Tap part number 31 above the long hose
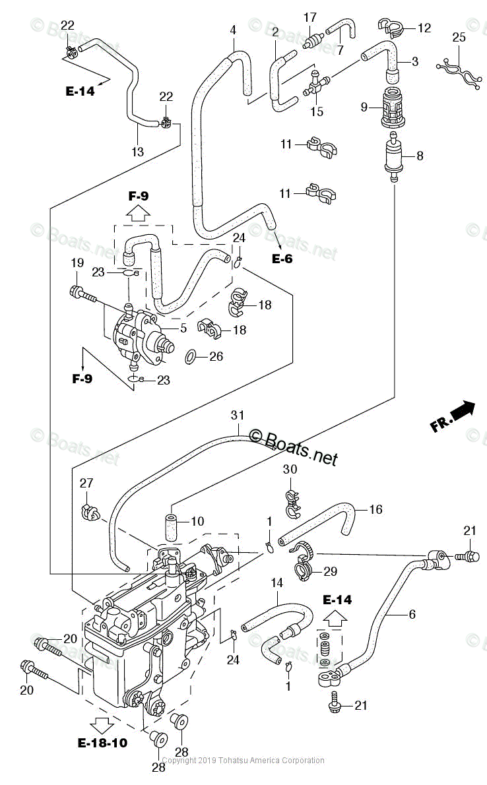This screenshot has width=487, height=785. point(238,415)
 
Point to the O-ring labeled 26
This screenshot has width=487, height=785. point(191,357)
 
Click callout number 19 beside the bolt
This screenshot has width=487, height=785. point(77,263)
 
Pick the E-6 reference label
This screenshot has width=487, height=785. point(282,259)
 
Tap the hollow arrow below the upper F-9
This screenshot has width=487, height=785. point(138,212)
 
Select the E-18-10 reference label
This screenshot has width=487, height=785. point(102,743)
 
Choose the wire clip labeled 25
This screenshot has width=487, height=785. point(458,71)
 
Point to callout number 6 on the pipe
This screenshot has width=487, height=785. point(412,614)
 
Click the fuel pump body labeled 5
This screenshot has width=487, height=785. point(142,335)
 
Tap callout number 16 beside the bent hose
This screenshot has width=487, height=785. point(375,509)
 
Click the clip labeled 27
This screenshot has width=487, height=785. point(88,509)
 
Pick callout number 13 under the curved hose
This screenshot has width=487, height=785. point(137,152)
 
